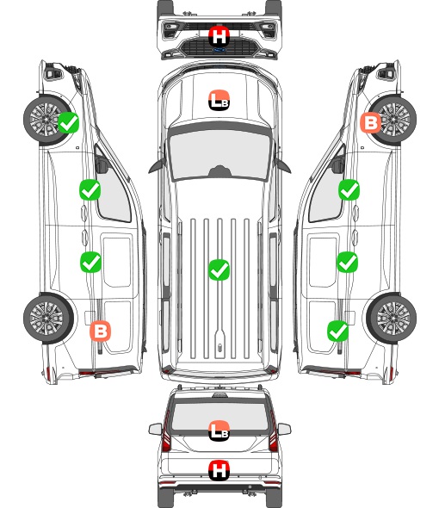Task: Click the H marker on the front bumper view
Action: pos(219,36)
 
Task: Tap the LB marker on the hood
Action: pos(219,100)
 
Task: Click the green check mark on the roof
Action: pos(219,269)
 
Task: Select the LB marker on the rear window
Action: pos(219,431)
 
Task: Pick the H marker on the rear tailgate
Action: pos(219,470)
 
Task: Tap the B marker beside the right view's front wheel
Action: pos(371,123)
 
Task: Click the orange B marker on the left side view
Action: pos(101,331)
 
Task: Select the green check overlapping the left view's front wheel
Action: pos(68,123)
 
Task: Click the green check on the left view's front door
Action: pos(90,189)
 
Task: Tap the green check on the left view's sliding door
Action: pos(90,262)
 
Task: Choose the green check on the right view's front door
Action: pos(349,189)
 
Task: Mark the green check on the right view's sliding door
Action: pos(348,262)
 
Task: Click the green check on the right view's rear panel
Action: pos(338,331)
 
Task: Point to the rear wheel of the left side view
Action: pos(48,319)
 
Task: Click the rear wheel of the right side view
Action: pos(392,319)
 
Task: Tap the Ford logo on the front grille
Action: pos(219,50)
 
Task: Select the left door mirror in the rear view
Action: pos(156,430)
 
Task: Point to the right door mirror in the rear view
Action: pos(284,430)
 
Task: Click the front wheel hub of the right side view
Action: pos(394,119)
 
